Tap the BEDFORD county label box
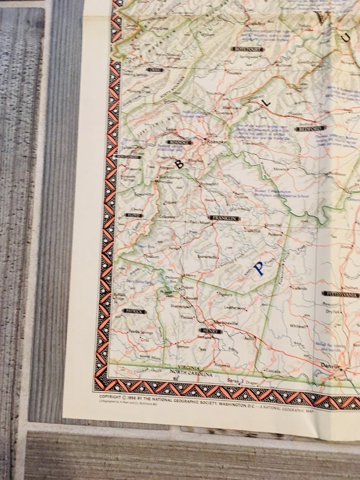pyautogui.click(x=311, y=128)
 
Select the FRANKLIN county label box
pyautogui.click(x=225, y=218)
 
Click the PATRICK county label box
pyautogui.click(x=135, y=311)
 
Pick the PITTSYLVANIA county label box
pyautogui.click(x=341, y=295)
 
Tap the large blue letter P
pyautogui.click(x=259, y=268)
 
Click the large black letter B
pyautogui.click(x=180, y=164)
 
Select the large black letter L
pyautogui.click(x=267, y=102)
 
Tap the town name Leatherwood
pyautogui.click(x=235, y=308)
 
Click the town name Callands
pyautogui.click(x=299, y=288)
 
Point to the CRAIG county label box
pyautogui.click(x=154, y=70)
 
